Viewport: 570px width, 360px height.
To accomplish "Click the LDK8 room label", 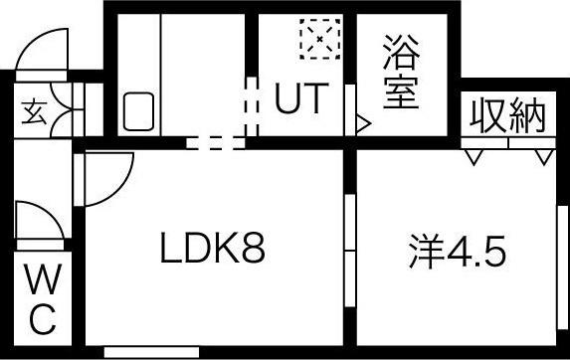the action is [x=212, y=250].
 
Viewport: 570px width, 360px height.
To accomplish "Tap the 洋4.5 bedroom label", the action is [x=457, y=251].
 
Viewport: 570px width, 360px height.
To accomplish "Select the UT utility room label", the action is [x=299, y=99].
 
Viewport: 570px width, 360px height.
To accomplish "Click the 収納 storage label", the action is [x=508, y=117].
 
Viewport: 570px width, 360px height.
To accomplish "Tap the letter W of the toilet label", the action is [x=41, y=282].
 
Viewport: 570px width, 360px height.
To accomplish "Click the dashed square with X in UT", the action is [x=319, y=41].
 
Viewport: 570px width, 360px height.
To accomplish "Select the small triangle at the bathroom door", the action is [x=363, y=125].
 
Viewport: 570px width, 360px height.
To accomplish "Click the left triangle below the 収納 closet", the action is [x=474, y=156].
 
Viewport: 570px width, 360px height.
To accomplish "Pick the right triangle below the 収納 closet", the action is [x=542, y=156].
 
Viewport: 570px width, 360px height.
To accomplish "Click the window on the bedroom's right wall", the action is [x=562, y=259].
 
